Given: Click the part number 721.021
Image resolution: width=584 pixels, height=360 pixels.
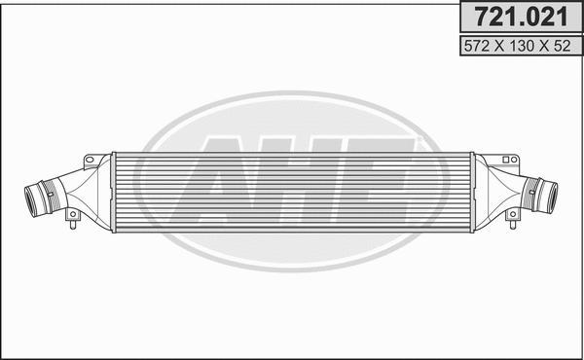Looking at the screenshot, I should pos(520,16).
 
